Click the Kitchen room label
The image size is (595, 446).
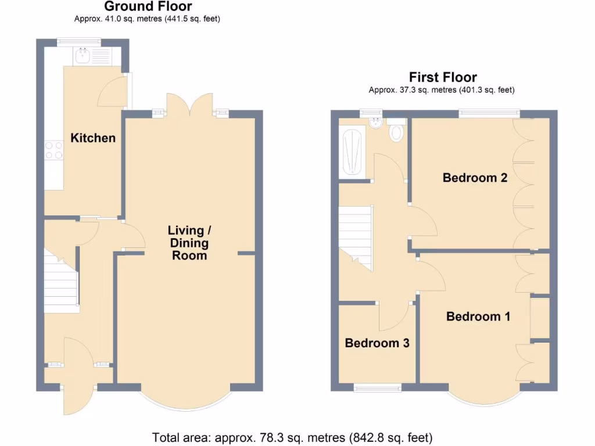93,138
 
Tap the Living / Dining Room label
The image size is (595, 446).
189,243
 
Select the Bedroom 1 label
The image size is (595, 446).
478,316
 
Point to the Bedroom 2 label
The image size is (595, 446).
475,178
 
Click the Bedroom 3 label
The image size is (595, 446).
377,343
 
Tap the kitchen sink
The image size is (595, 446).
81,56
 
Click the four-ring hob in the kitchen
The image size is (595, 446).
54,150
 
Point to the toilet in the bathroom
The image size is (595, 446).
397,131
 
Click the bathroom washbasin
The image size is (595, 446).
375,123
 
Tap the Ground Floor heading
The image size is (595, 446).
148,6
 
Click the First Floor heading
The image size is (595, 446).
443,77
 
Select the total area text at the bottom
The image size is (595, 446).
292,437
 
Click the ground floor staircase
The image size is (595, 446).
60,282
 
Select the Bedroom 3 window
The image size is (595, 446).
377,388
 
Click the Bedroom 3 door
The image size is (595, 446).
395,315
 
